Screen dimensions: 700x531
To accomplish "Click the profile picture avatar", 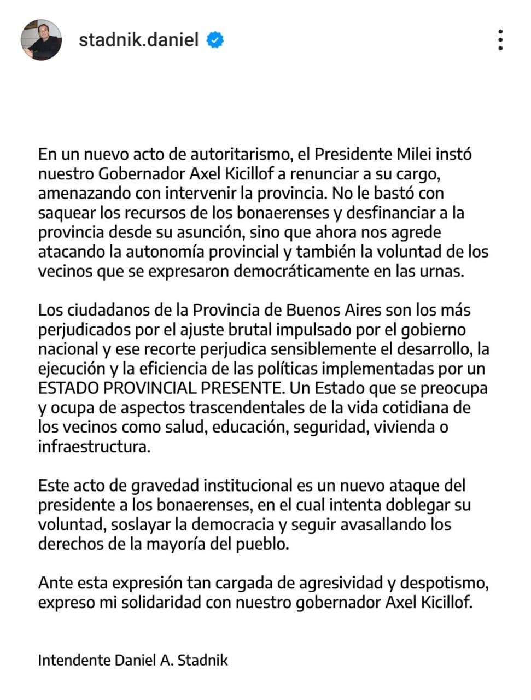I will pos(41,40).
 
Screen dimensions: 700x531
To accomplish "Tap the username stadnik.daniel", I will pos(138,40).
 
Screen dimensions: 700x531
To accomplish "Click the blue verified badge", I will pos(215,40).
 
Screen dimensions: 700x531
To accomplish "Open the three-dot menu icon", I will pos(500,40).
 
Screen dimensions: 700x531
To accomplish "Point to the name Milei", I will pos(413,154).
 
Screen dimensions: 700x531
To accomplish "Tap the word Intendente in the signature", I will pos(74,660).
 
